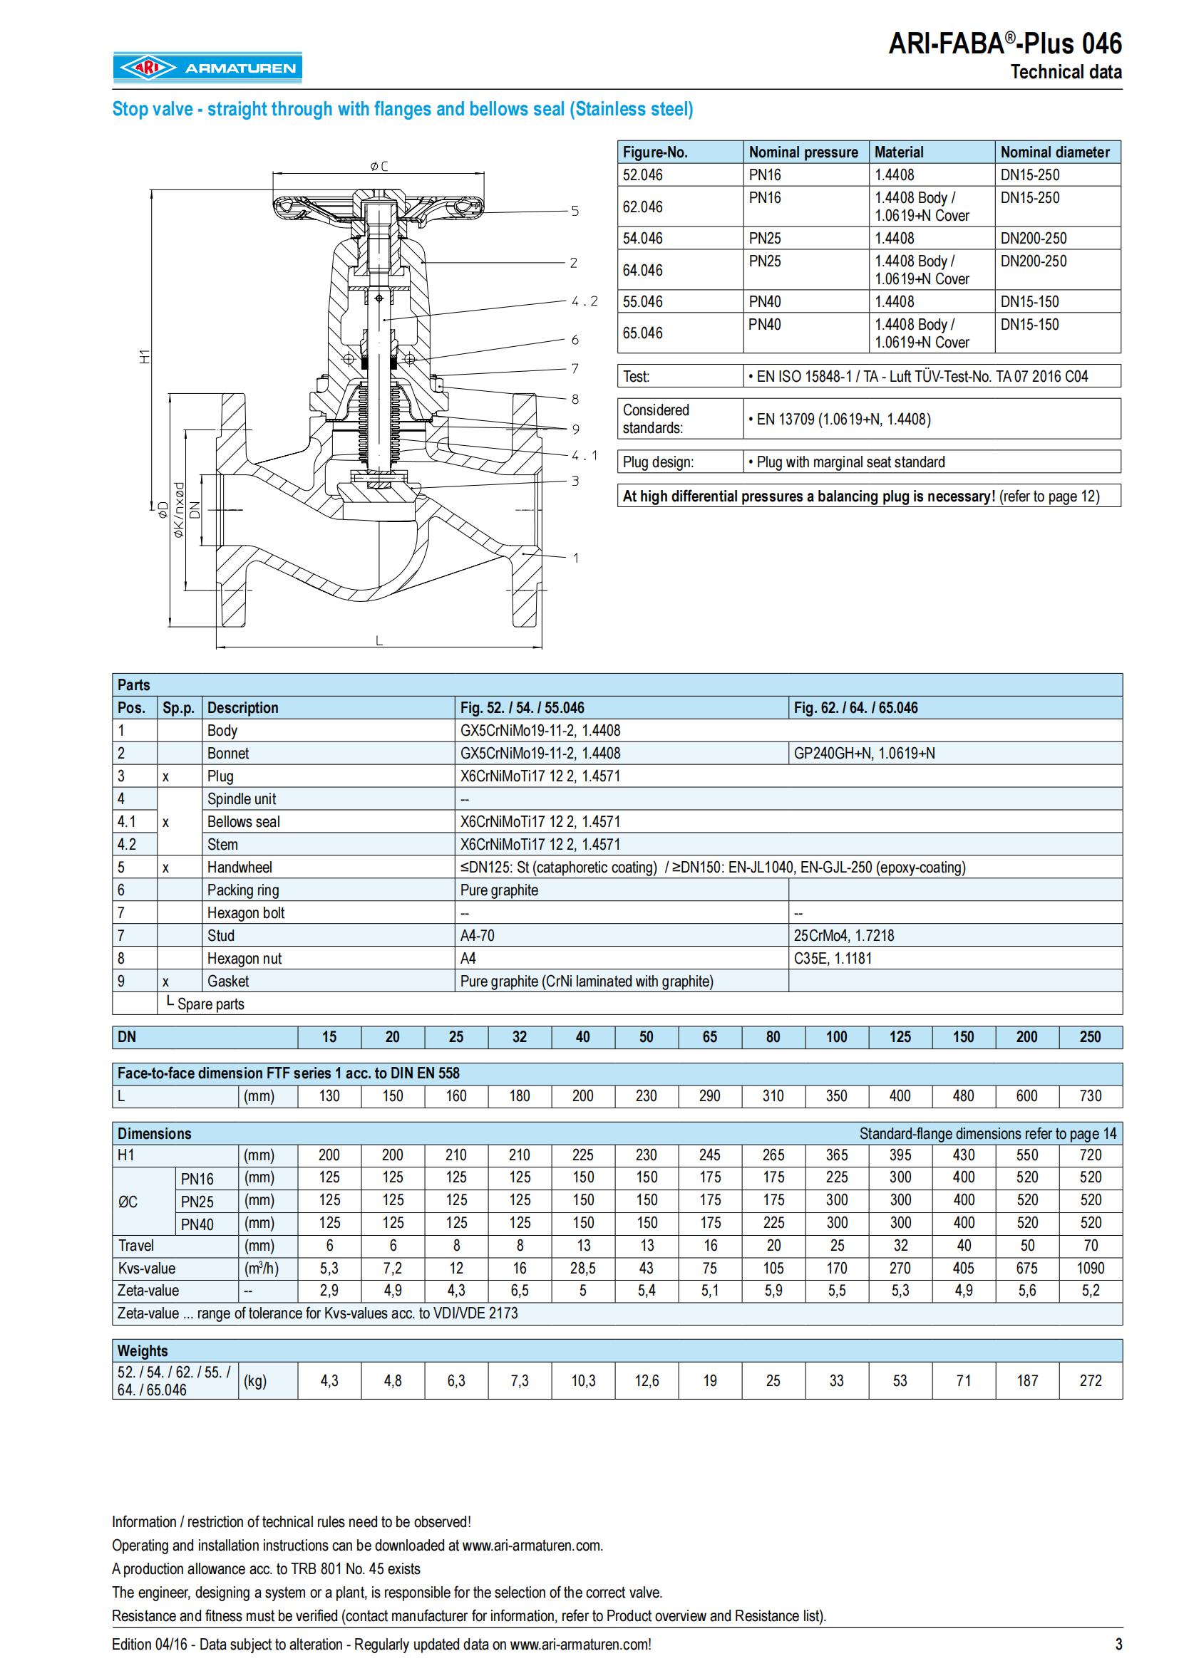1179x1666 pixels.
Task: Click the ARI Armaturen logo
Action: coord(207,68)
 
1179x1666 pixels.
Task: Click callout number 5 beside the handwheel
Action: coord(575,211)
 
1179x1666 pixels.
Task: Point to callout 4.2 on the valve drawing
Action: coord(585,301)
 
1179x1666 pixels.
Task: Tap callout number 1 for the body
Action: coord(576,558)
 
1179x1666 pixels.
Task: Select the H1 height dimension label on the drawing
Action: coord(145,356)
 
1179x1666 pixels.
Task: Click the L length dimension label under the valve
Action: coord(379,641)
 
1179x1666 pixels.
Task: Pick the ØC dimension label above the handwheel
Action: coord(379,166)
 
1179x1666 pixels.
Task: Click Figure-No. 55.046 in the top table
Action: coord(642,302)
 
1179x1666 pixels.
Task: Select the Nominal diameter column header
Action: coord(1055,152)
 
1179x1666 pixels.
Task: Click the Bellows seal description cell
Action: coord(243,822)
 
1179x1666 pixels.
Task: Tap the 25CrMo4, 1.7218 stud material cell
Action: coord(843,936)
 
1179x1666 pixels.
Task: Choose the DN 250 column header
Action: coord(1090,1037)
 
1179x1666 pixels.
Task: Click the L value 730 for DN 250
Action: coord(1090,1096)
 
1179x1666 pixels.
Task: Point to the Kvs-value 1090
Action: coord(1090,1269)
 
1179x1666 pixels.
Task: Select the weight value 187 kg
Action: coord(1026,1381)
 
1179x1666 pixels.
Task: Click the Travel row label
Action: coord(136,1246)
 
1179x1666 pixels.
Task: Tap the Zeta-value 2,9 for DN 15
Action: coord(329,1291)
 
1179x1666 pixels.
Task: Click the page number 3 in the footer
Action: coord(1118,1644)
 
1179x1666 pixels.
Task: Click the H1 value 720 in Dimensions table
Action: coord(1090,1155)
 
